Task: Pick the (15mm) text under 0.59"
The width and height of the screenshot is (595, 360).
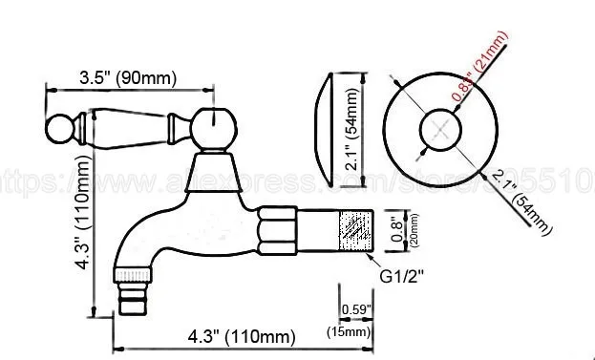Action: pos(354,331)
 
